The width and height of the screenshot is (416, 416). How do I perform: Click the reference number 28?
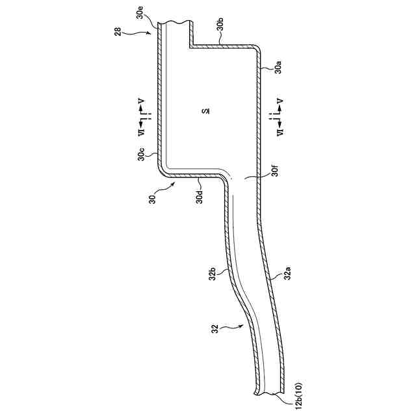[120, 32]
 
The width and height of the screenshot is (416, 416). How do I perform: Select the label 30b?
[220, 25]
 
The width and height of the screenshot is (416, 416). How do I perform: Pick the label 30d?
[200, 195]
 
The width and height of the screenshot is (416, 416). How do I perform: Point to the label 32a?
[286, 274]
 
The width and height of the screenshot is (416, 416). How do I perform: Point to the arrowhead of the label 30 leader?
[175, 183]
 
